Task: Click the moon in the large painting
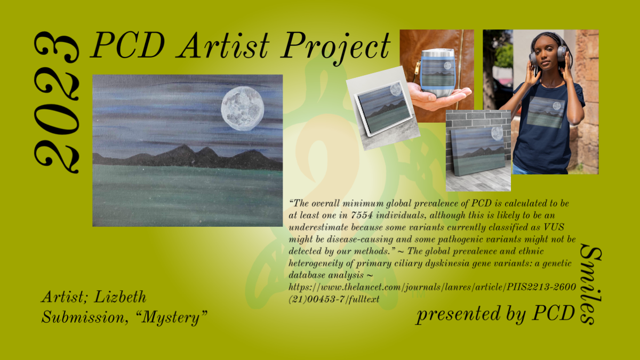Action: point(243,109)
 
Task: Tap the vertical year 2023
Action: point(57,102)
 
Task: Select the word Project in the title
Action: point(335,47)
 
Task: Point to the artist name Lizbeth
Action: point(120,297)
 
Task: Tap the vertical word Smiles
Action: point(591,284)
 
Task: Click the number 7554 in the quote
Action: point(362,215)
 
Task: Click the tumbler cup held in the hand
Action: point(437,73)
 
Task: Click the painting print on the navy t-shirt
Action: point(546,112)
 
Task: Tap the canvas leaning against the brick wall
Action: point(478,151)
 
